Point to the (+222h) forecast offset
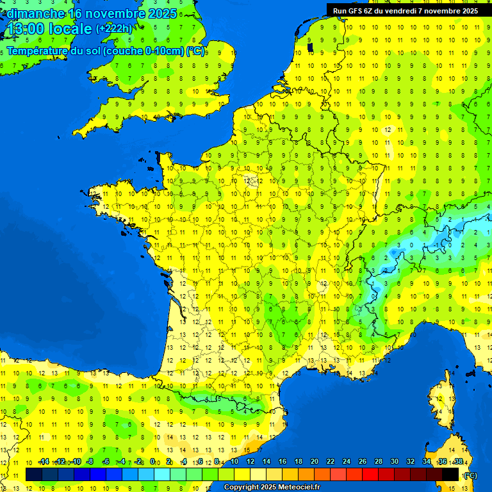point(114,29)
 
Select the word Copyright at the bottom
point(241,488)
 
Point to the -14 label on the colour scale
point(44,462)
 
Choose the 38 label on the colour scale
point(459,462)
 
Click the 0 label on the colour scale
point(152,462)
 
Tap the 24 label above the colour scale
point(347,462)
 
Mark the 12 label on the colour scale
point(250,462)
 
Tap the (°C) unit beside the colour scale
point(470,475)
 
